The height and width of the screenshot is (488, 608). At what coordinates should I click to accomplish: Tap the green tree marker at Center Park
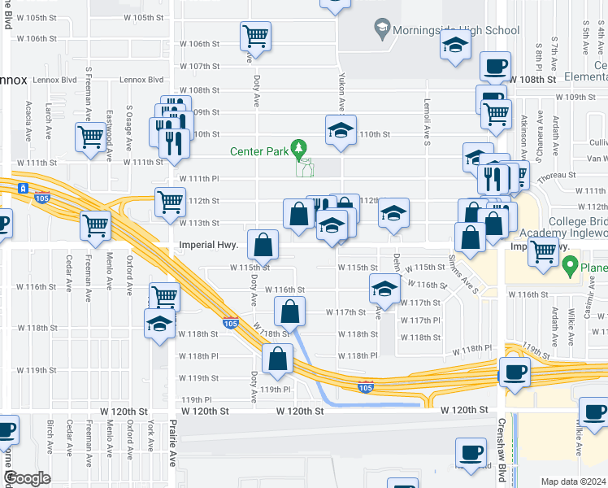click(x=301, y=147)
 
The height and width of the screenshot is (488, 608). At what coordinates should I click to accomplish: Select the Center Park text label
click(x=260, y=150)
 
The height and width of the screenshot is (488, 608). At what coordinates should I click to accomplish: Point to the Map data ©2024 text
click(x=573, y=481)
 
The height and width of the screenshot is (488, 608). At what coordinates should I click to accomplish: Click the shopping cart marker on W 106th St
click(x=255, y=36)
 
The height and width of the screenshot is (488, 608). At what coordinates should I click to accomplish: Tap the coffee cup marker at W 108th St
click(x=493, y=66)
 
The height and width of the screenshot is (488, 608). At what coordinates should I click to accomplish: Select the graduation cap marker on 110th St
click(x=341, y=129)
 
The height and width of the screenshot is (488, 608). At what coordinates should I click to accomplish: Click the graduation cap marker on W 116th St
click(x=384, y=288)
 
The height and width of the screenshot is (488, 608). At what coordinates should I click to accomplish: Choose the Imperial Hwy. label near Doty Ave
click(x=207, y=245)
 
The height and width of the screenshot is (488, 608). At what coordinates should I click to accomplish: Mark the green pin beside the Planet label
click(x=571, y=264)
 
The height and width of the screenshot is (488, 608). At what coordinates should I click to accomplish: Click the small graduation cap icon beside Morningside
click(x=380, y=31)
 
